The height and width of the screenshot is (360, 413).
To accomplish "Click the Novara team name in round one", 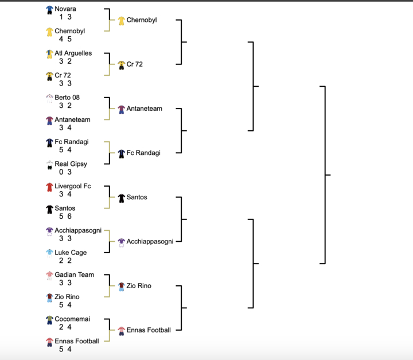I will coord(65,9).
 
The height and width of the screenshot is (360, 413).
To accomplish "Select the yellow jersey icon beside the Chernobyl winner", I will coord(121,21).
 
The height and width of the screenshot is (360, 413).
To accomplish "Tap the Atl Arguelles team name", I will coord(73,53).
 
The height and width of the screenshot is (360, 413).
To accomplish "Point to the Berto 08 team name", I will coord(67,98).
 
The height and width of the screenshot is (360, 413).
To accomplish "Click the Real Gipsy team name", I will coord(71,164).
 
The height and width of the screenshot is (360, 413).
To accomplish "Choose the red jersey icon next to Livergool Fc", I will coord(49,187).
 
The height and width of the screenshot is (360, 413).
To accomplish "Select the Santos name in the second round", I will coord(137,198).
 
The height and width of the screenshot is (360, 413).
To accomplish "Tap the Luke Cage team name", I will coord(69,253).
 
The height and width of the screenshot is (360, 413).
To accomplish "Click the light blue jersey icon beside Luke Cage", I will coord(49,253).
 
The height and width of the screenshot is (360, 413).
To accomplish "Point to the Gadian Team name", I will coord(74,275).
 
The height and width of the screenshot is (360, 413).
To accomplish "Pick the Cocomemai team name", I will coord(72,319).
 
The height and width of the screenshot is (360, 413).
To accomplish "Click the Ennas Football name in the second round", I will coord(149,330).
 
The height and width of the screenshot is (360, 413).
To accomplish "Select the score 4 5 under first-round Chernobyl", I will coord(65,40).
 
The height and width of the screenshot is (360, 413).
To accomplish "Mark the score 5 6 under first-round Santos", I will coord(65,216).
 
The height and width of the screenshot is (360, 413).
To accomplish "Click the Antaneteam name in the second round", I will coord(144,109).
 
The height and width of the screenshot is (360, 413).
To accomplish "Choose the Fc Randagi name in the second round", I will coord(143,153).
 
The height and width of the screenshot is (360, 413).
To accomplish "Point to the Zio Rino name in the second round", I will coord(139,286).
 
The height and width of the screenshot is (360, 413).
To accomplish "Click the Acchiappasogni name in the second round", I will coord(150,242).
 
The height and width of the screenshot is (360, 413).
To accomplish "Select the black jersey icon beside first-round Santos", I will coord(49,209).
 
